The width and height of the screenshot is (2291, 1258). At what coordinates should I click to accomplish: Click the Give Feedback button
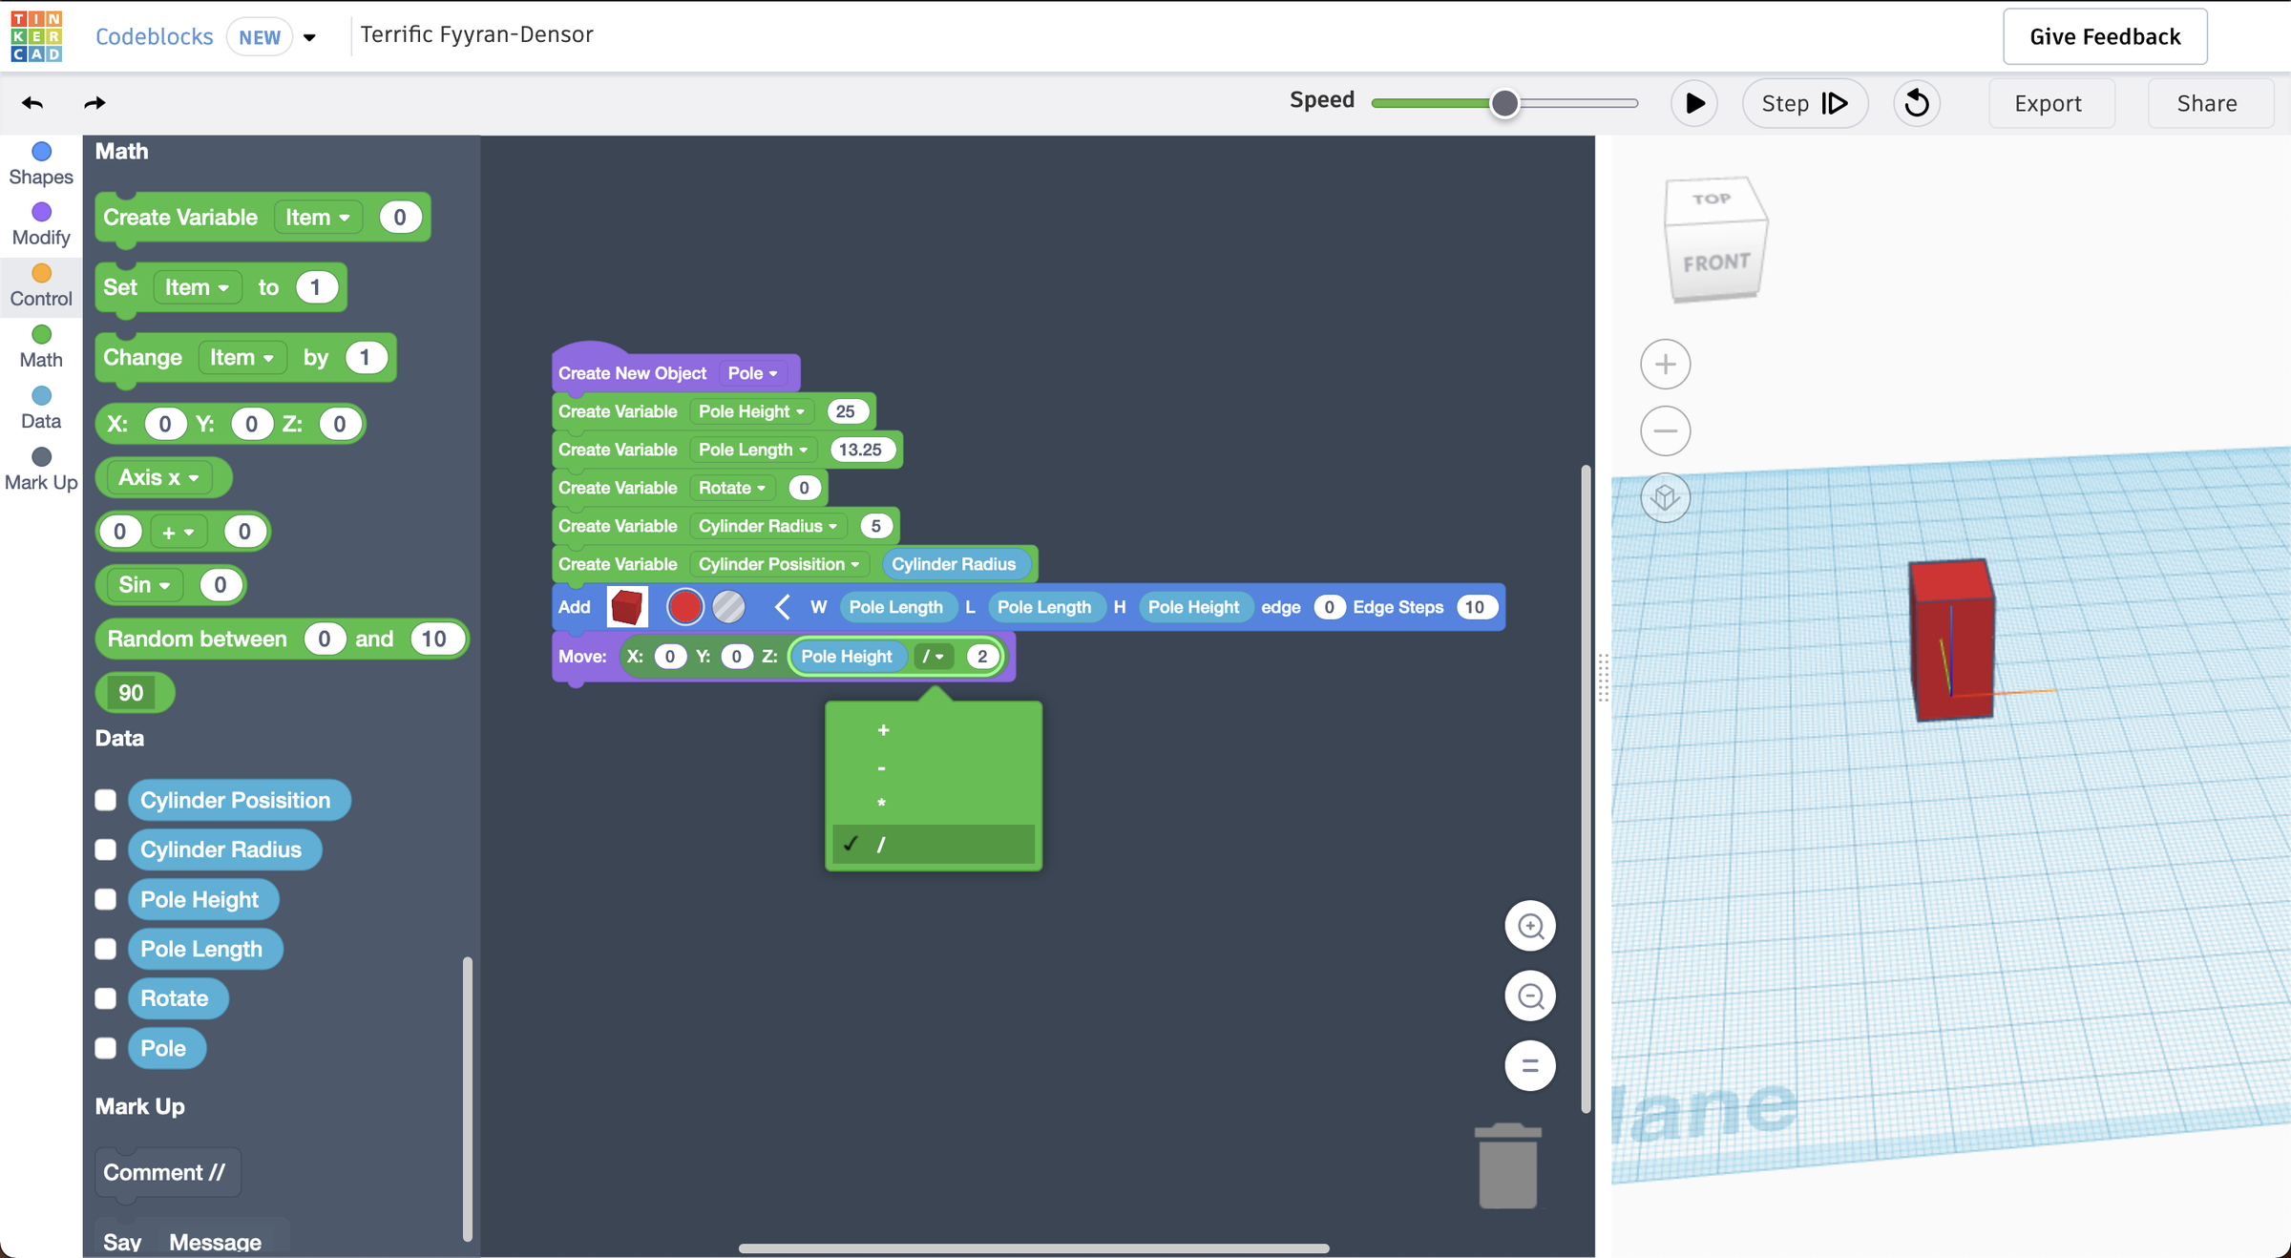2105,36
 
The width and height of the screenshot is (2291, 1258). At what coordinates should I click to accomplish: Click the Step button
1804,103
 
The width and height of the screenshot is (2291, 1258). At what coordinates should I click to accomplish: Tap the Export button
2049,103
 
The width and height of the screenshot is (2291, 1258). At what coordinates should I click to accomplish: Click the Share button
2207,103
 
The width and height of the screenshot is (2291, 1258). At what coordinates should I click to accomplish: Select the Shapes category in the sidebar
41,164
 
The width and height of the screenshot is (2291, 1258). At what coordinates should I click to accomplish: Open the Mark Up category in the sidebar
41,470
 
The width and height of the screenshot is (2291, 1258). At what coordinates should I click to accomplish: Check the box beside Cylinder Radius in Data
106,849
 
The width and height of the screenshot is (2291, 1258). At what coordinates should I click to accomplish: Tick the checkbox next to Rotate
106,998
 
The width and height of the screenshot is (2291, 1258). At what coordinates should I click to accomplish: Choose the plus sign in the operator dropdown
883,730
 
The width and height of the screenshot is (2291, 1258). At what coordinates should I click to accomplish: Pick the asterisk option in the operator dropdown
881,804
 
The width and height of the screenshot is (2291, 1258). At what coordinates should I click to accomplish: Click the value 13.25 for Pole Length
861,450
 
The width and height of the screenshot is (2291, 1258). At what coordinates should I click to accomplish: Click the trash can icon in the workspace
1508,1165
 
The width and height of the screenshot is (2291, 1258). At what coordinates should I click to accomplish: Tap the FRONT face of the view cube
1716,262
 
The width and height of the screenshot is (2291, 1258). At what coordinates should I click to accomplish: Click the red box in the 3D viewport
1952,639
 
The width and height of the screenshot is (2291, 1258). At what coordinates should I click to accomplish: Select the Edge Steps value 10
1475,607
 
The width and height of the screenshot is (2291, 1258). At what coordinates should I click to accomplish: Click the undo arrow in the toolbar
32,103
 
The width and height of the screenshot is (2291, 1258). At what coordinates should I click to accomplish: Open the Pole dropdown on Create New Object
753,373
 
